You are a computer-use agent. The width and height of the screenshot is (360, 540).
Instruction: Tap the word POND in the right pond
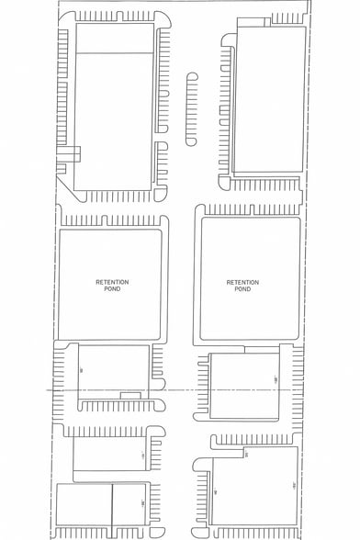coord(242,289)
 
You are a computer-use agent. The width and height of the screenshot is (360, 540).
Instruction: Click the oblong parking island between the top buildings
coord(192,108)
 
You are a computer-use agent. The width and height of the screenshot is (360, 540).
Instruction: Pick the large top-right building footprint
coord(269,99)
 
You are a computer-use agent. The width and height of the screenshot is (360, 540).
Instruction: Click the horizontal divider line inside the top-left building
coord(113,55)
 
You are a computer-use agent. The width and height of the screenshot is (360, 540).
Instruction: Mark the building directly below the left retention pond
coord(113,372)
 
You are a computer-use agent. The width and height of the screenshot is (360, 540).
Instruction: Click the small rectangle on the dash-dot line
coord(130,394)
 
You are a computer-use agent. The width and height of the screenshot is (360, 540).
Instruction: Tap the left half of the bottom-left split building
coord(84,510)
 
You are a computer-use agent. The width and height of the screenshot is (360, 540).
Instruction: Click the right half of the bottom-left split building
coord(129,510)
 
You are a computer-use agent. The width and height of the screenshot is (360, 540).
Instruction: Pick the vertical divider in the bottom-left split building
coord(112,510)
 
